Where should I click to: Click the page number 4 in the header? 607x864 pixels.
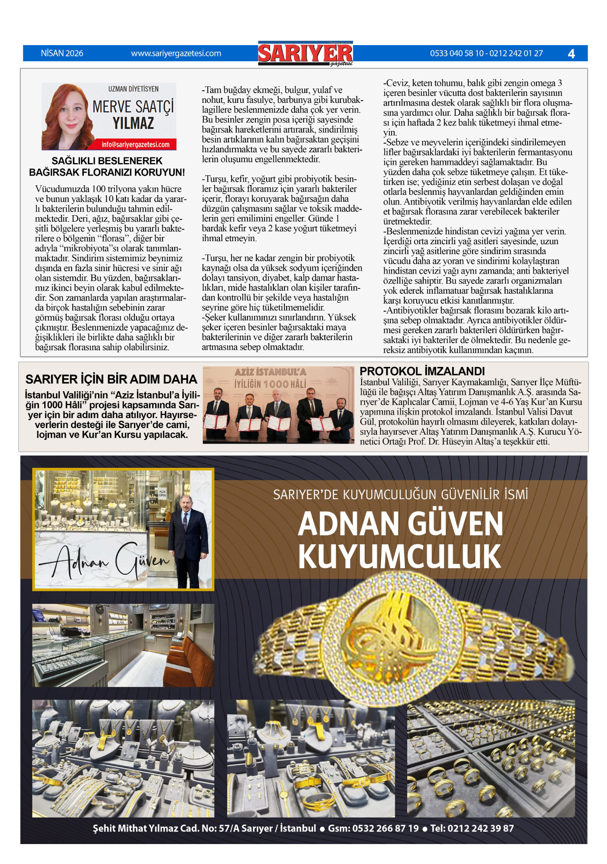point(571,54)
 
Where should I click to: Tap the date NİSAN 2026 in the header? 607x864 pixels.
point(62,53)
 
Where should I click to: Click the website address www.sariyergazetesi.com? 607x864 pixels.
point(176,53)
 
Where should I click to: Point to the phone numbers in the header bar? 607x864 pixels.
point(486,53)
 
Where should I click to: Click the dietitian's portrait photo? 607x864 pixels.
point(66,116)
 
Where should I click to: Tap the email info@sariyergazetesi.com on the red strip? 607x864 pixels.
point(135,144)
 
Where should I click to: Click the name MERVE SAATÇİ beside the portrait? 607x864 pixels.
point(133,106)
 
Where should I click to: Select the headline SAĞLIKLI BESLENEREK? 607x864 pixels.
point(107,161)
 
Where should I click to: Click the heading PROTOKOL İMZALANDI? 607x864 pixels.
point(422,371)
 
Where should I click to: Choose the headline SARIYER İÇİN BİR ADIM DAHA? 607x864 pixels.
point(111,380)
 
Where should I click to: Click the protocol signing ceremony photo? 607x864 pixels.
point(278,405)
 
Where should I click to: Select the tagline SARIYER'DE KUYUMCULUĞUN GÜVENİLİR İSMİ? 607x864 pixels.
point(400,494)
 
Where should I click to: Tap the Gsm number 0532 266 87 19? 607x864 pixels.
point(373,828)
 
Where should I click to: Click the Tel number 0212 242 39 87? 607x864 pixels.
point(472,828)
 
